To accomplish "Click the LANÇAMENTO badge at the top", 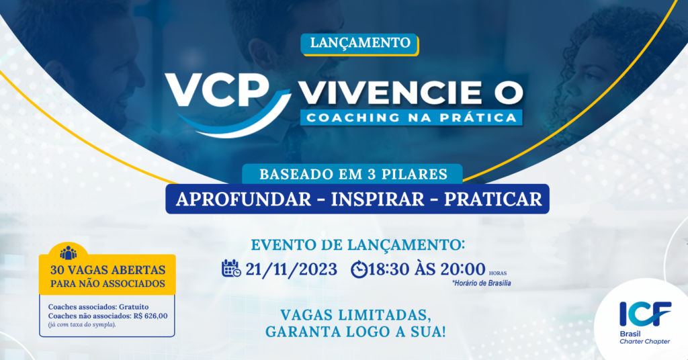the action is click(x=360, y=44).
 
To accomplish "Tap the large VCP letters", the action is click(x=217, y=90).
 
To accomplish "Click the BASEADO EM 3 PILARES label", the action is click(x=353, y=174).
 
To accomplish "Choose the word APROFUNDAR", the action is click(x=243, y=199).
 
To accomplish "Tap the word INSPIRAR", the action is click(x=378, y=199).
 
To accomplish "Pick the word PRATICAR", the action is click(x=492, y=199).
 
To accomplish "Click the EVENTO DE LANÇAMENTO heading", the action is click(x=357, y=244).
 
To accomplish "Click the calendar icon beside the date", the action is click(x=231, y=269).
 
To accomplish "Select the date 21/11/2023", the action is click(x=291, y=269).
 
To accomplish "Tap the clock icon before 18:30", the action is click(x=359, y=269).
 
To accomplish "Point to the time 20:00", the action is click(x=462, y=269).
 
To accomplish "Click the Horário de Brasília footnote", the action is click(x=481, y=283).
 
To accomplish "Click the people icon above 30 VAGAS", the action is click(x=68, y=253).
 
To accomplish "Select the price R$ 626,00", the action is click(x=150, y=316).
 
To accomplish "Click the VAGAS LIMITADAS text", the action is click(x=355, y=315).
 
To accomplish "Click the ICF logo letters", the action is click(x=645, y=314).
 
